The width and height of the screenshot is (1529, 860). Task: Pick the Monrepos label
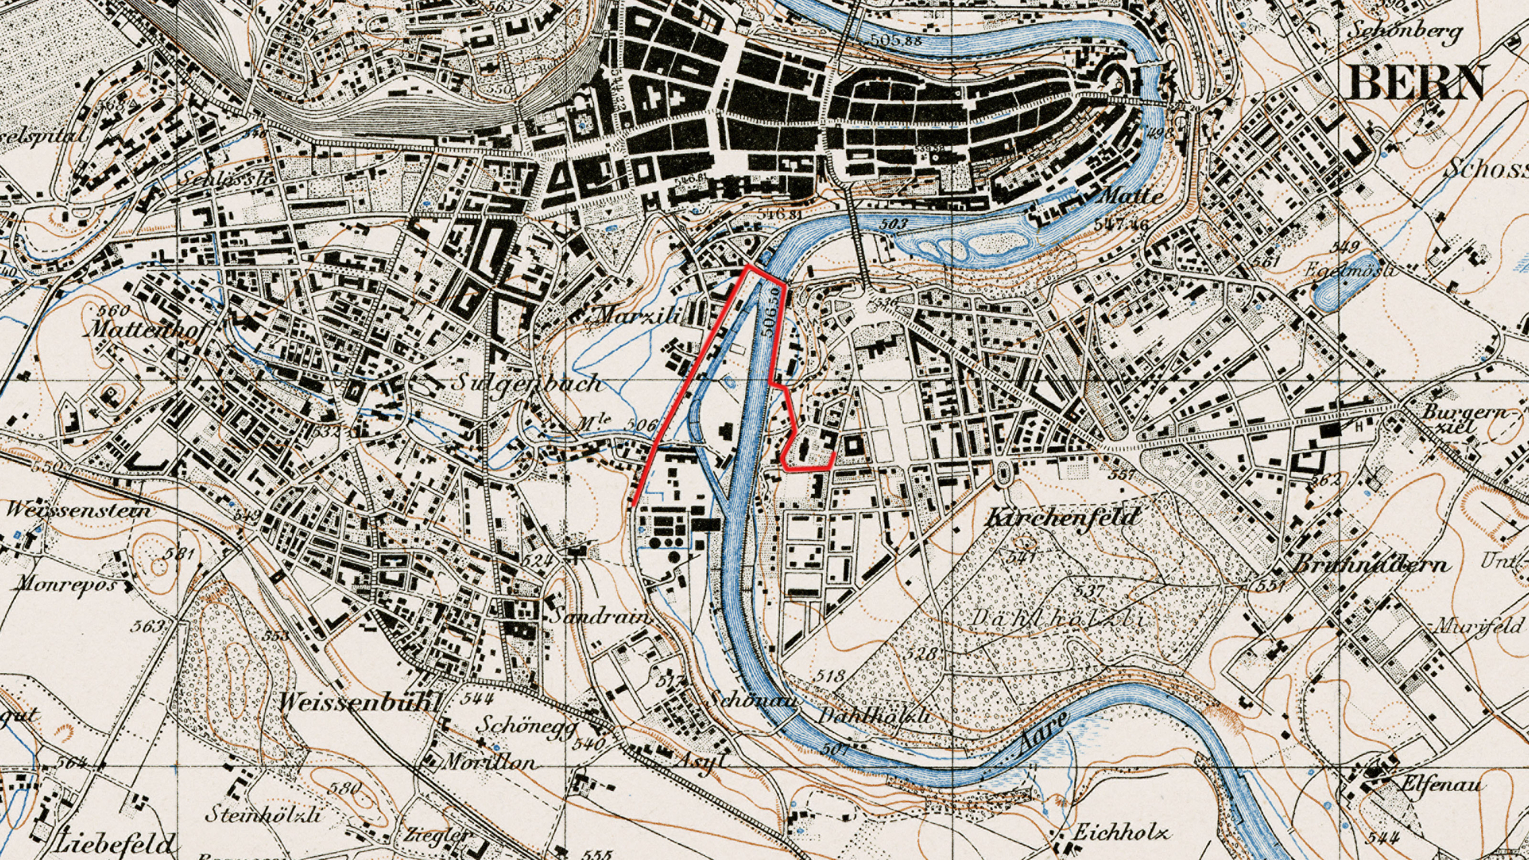(x=71, y=584)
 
